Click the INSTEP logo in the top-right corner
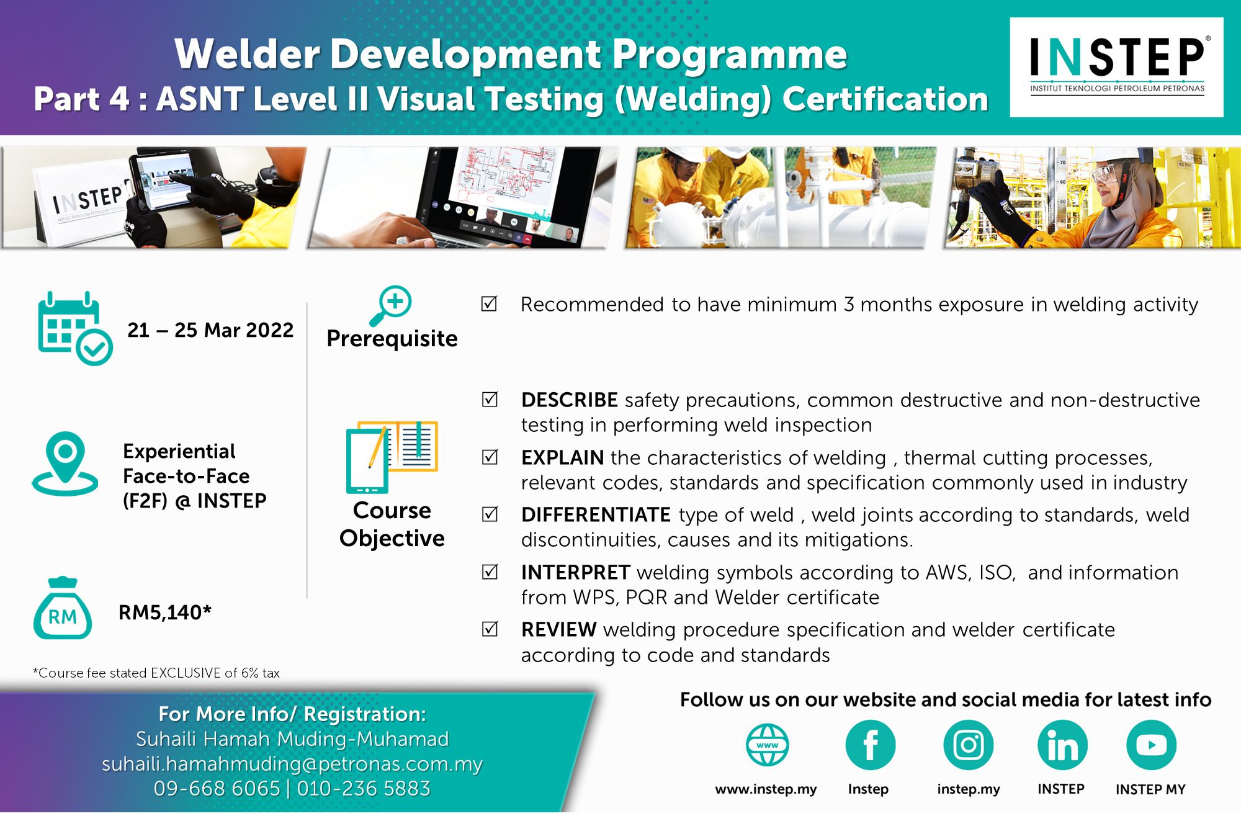[x=1116, y=67]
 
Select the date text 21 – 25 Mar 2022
[x=210, y=330]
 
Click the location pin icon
[x=65, y=464]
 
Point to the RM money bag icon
[x=63, y=609]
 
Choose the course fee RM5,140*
[x=165, y=612]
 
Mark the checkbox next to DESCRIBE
[x=490, y=399]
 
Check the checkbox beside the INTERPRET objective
[x=490, y=572]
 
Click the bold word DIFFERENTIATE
[x=596, y=515]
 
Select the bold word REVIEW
[x=558, y=630]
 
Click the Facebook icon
[x=870, y=745]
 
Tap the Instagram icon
[x=968, y=745]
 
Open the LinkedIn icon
[x=1062, y=745]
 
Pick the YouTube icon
[x=1151, y=745]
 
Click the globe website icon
[x=768, y=745]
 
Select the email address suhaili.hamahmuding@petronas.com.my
[x=292, y=764]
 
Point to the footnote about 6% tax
[x=156, y=673]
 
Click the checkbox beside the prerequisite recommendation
[x=490, y=303]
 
